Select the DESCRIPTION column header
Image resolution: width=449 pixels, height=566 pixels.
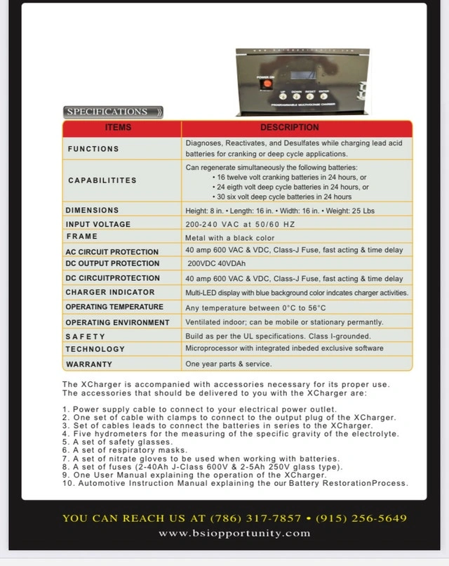coord(289,128)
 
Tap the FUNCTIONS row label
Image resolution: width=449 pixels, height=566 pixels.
coord(93,149)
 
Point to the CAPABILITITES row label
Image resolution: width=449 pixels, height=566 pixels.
coord(102,180)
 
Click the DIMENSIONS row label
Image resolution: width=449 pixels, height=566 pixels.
coord(92,210)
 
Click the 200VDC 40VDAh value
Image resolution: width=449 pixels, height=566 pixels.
coord(217,264)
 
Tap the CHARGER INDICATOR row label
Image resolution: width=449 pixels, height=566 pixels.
coord(105,292)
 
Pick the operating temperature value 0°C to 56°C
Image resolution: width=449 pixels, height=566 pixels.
coord(255,308)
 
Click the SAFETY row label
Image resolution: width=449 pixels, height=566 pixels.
coord(85,336)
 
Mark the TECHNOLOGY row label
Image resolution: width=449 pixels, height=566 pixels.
coord(95,349)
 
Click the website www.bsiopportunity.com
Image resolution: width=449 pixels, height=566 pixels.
coord(234,533)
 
